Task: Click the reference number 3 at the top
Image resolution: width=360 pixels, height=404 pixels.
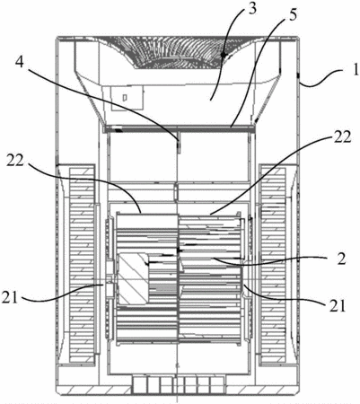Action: (252, 9)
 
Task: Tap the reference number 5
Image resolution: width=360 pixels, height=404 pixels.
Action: (293, 16)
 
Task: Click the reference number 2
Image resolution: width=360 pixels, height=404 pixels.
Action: (341, 259)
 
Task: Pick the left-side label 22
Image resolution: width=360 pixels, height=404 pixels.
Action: (14, 162)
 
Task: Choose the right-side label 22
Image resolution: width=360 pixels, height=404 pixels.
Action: (340, 136)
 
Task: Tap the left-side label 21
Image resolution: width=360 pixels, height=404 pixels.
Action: (11, 298)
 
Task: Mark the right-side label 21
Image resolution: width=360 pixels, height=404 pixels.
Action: (337, 306)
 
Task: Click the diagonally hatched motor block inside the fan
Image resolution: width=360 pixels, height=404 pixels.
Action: (133, 279)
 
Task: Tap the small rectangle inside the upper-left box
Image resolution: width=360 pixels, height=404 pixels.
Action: (126, 98)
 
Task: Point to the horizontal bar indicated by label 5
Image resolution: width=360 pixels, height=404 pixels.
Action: (178, 129)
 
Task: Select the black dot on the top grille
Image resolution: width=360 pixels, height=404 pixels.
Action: (224, 56)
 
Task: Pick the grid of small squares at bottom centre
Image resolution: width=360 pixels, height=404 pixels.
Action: (178, 385)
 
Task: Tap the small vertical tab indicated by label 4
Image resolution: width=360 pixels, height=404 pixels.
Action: (179, 144)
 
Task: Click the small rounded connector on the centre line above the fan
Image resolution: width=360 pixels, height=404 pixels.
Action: (176, 192)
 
